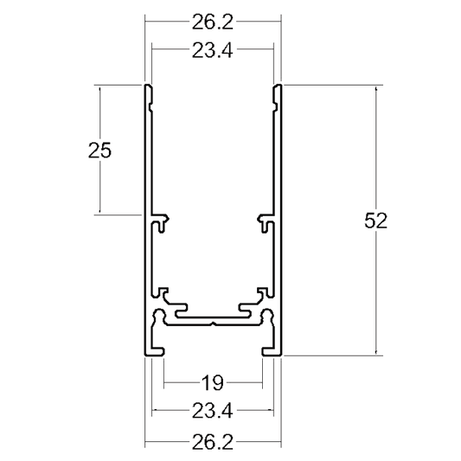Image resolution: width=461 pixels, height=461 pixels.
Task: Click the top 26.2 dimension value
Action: (x=213, y=22)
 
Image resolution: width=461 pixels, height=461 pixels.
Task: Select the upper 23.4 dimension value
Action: (x=213, y=50)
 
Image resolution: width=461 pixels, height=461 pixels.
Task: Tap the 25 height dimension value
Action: (x=99, y=150)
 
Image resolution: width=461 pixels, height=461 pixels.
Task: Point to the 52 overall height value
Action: (x=375, y=221)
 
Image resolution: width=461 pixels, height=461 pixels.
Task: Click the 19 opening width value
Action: (x=213, y=383)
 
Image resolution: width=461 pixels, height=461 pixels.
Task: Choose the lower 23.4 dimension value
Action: (x=213, y=411)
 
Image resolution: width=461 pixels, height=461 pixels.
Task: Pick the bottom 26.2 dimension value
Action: (x=213, y=442)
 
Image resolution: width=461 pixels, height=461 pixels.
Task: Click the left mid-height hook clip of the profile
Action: (x=161, y=221)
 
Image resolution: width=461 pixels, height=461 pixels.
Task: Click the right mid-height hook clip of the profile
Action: (x=266, y=221)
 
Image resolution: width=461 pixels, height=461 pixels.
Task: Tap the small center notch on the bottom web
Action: (x=214, y=324)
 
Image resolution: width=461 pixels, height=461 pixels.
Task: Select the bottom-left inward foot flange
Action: (x=158, y=352)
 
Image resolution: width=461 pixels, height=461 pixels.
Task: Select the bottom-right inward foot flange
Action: (x=268, y=352)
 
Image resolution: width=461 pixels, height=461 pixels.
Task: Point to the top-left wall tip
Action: (x=149, y=86)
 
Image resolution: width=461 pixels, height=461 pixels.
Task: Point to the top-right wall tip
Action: (x=278, y=86)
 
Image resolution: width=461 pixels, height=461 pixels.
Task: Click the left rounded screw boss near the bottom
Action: (x=159, y=315)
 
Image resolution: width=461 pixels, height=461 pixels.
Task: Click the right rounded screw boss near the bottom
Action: (x=267, y=315)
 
